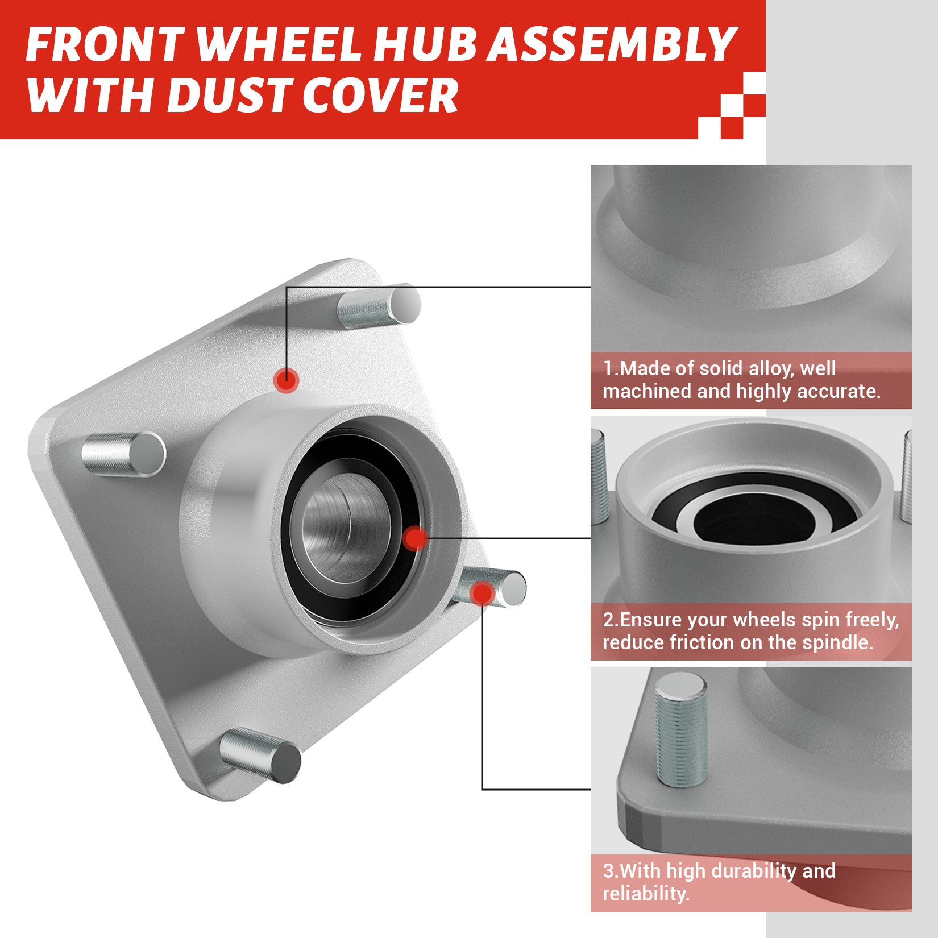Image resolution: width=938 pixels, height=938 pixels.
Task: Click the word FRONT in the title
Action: [105, 44]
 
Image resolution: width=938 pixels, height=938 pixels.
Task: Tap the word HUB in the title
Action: [431, 44]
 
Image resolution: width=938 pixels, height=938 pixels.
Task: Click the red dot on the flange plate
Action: [286, 379]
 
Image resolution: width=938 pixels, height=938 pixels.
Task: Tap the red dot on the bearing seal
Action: [416, 538]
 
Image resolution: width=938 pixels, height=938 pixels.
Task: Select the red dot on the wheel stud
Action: [482, 593]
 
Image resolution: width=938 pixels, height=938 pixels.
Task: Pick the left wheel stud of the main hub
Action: [123, 453]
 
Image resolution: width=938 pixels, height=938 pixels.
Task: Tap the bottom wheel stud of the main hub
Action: [260, 756]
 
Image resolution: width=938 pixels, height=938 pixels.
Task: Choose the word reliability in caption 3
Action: [646, 894]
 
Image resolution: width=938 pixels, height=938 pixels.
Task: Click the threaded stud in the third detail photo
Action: [681, 730]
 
